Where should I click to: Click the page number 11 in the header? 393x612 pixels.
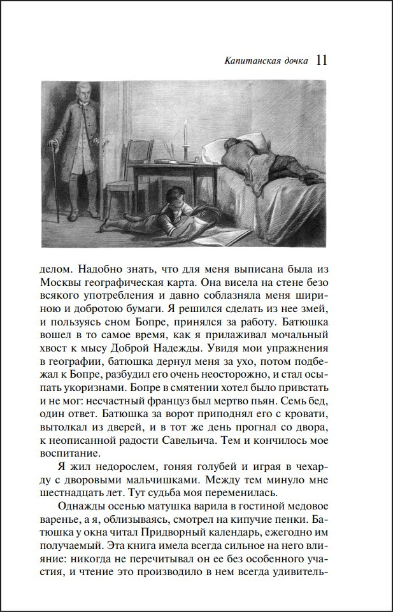[321, 60]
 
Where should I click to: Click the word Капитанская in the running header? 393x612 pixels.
[251, 62]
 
